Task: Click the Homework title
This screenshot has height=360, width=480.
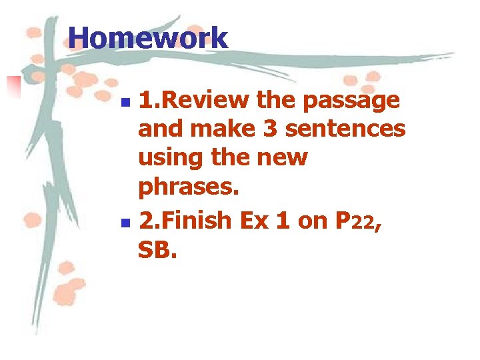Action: pos(148,37)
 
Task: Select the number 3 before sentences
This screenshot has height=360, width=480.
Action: pos(270,129)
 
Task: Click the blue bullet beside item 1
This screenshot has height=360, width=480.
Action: pos(128,103)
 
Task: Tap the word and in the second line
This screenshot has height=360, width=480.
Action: pos(160,129)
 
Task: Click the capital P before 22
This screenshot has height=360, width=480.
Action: pos(341,220)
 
